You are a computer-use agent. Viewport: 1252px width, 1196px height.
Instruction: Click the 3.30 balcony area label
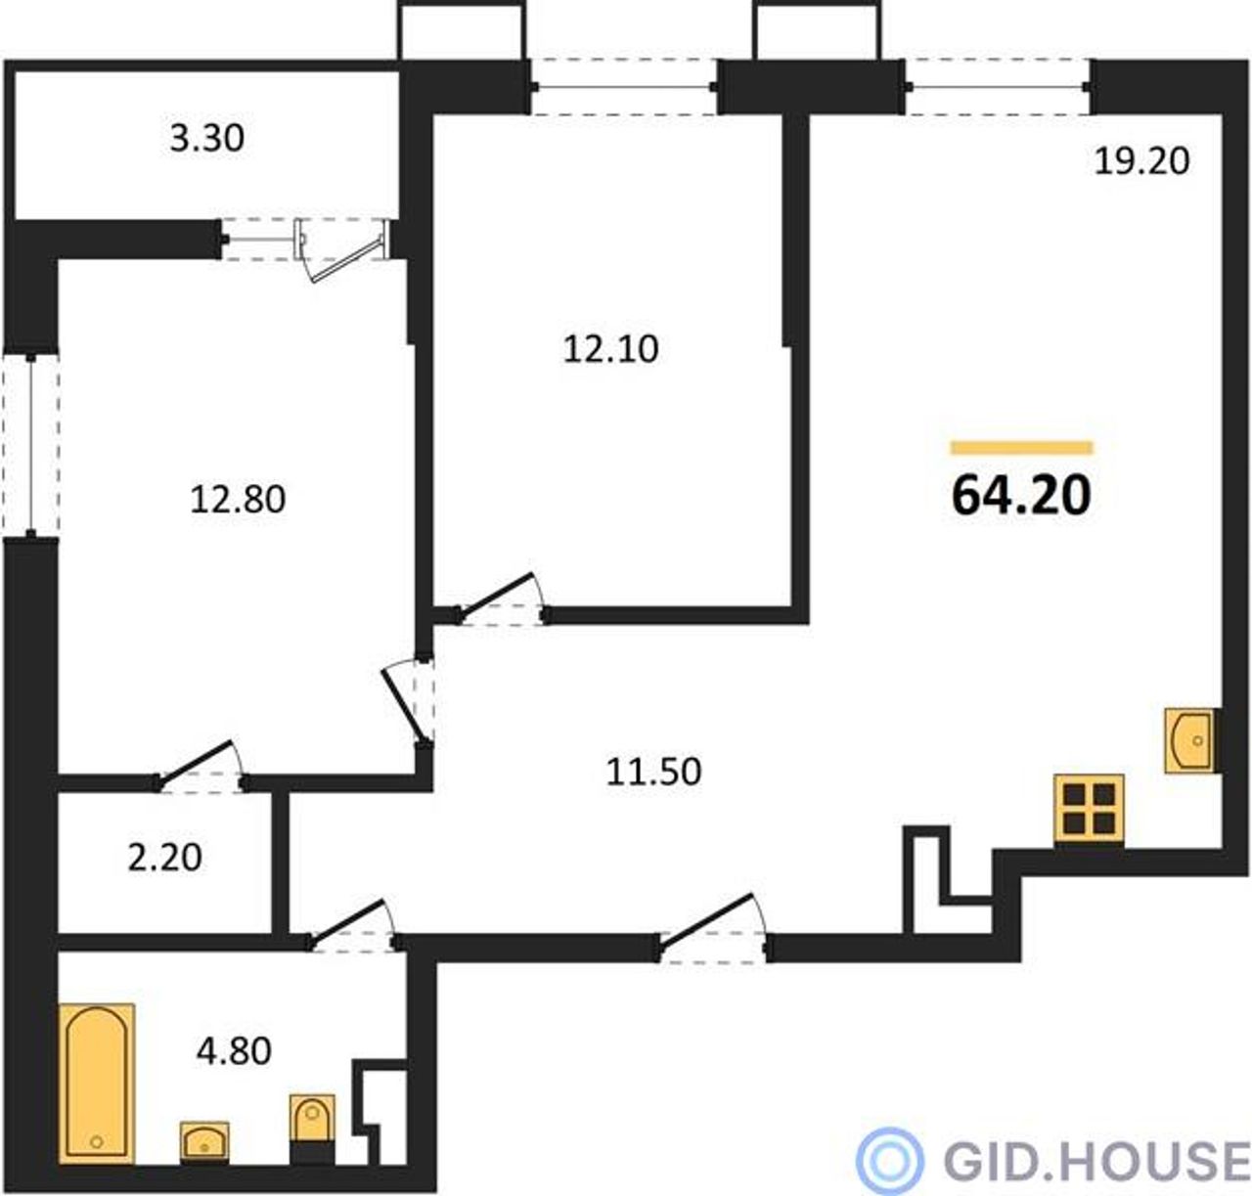(207, 139)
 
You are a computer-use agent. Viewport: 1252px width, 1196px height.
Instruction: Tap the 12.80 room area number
(238, 500)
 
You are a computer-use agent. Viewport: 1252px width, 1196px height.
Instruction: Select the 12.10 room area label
(610, 350)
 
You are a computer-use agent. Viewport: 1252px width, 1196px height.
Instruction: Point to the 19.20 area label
(1142, 161)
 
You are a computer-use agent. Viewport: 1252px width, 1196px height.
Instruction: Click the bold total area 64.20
(1021, 495)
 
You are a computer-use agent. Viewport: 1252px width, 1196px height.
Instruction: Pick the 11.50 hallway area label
(653, 772)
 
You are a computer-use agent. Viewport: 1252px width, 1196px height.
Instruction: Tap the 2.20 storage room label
(164, 859)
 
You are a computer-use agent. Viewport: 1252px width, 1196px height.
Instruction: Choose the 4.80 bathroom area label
(234, 1052)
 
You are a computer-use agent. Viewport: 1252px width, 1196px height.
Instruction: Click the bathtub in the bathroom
(97, 1084)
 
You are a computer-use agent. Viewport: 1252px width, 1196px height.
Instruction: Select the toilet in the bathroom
(312, 1129)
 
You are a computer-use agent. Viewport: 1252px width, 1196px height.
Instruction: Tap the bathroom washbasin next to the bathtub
(204, 1143)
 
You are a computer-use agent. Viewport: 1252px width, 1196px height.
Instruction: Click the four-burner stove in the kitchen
(1090, 809)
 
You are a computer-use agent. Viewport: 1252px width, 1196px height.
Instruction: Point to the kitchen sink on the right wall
(1189, 740)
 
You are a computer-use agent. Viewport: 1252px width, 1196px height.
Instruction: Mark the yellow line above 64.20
(1022, 448)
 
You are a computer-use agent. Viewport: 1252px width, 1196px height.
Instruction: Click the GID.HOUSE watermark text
(1096, 1161)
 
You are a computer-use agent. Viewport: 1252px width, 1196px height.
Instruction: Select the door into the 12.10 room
(501, 599)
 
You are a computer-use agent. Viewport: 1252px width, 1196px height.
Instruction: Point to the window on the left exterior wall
(31, 445)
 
